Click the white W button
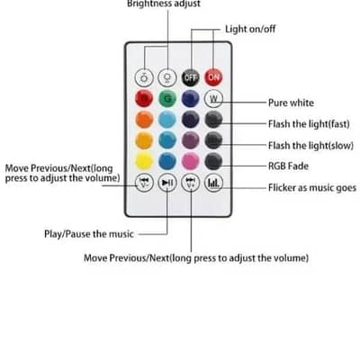(213, 100)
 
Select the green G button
(167, 100)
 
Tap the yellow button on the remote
(144, 162)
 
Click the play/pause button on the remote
(167, 184)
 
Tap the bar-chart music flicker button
(213, 184)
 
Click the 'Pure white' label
(292, 103)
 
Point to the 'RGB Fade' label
(289, 166)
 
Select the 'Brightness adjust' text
(164, 4)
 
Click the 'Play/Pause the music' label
(88, 234)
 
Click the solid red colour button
(144, 100)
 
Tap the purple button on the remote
(190, 141)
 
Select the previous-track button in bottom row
(144, 184)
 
